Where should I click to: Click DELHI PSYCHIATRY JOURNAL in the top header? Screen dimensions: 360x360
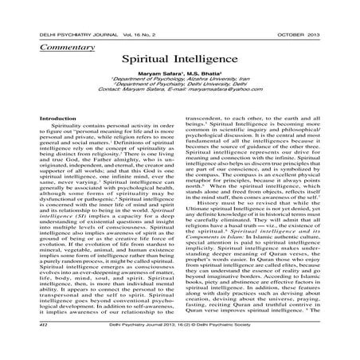[61, 34]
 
